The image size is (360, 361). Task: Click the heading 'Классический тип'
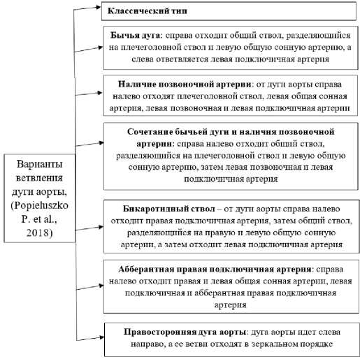(147, 11)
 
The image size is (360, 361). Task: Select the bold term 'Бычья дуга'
(135, 36)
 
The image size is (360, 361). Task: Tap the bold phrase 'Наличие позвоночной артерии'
(185, 84)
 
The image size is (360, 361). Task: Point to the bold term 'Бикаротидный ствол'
(169, 209)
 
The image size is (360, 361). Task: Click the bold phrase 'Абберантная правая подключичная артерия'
(215, 270)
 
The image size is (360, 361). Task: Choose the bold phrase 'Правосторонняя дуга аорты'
(185, 332)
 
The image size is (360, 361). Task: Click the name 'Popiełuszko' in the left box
(40, 206)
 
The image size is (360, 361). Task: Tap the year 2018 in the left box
(40, 233)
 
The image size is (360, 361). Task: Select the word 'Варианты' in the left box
(39, 164)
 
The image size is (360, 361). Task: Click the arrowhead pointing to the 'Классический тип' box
(99, 7)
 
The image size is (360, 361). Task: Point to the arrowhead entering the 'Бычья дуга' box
(101, 47)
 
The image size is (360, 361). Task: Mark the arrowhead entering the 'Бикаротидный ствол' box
(101, 227)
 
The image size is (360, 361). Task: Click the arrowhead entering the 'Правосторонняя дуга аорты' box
(101, 337)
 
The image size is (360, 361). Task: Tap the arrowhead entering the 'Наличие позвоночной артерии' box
(100, 93)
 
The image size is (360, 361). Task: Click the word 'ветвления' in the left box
(39, 178)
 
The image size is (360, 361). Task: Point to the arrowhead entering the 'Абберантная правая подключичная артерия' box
(101, 286)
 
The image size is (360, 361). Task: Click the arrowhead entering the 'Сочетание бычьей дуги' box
(101, 142)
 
